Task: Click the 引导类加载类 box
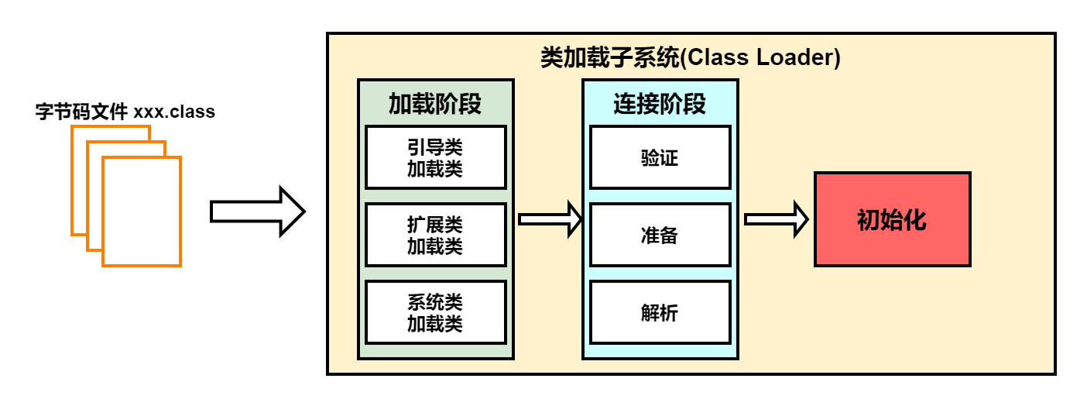[436, 157]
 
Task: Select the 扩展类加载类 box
[436, 235]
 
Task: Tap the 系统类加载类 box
[436, 312]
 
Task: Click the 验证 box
[660, 157]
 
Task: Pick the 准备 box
[660, 235]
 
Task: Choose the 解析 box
[660, 312]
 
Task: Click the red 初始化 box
[893, 219]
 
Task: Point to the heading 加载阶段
[435, 104]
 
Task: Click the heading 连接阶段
[660, 104]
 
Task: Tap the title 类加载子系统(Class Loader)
[691, 57]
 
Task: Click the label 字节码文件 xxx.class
[125, 112]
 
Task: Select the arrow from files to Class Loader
[258, 212]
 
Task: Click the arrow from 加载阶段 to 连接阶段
[550, 219]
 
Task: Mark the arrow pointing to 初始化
[777, 219]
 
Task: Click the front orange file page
[142, 212]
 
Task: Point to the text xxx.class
[174, 112]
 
